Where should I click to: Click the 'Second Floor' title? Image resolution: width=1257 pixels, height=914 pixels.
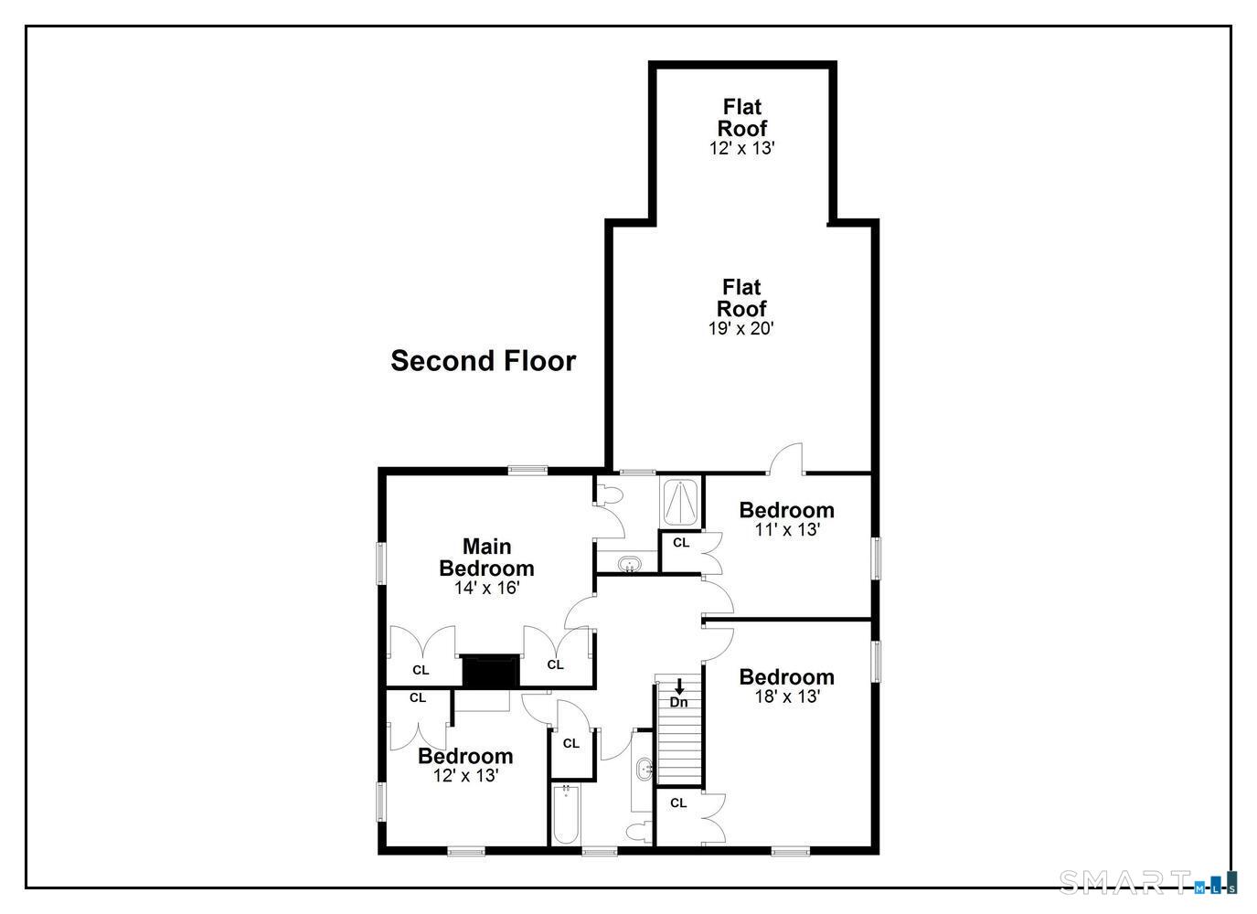pos(484,361)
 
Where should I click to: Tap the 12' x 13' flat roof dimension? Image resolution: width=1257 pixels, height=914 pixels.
pos(741,148)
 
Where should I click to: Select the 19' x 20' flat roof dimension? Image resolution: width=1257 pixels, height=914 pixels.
pos(741,328)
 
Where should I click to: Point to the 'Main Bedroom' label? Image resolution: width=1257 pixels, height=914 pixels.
pos(486,558)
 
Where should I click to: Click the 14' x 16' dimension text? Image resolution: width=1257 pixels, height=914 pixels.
pos(486,588)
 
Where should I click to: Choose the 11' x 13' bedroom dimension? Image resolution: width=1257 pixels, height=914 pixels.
pos(787,529)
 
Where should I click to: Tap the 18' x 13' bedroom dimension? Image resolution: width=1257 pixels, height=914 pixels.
pos(787,696)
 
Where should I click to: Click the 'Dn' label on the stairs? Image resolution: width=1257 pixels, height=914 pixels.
pos(679,702)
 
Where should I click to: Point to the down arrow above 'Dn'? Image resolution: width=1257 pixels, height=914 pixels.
pos(679,686)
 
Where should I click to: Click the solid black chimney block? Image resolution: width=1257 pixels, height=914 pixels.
pos(491,671)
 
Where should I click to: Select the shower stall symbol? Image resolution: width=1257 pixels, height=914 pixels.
pos(680,502)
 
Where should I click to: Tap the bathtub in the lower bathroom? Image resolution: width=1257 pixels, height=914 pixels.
pos(566,814)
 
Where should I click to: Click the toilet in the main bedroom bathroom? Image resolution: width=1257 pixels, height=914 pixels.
pos(610,494)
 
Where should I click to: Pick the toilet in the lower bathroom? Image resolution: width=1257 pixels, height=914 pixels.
pos(639,831)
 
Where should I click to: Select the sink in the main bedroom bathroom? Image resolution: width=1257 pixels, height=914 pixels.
pos(629,562)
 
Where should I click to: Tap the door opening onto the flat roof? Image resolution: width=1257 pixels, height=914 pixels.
pos(786,459)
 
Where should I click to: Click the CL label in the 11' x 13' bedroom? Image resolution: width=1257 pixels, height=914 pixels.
pos(681,543)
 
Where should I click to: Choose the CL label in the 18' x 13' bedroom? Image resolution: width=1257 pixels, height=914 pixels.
pos(678,803)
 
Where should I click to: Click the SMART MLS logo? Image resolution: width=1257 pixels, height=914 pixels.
pos(1147,881)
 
